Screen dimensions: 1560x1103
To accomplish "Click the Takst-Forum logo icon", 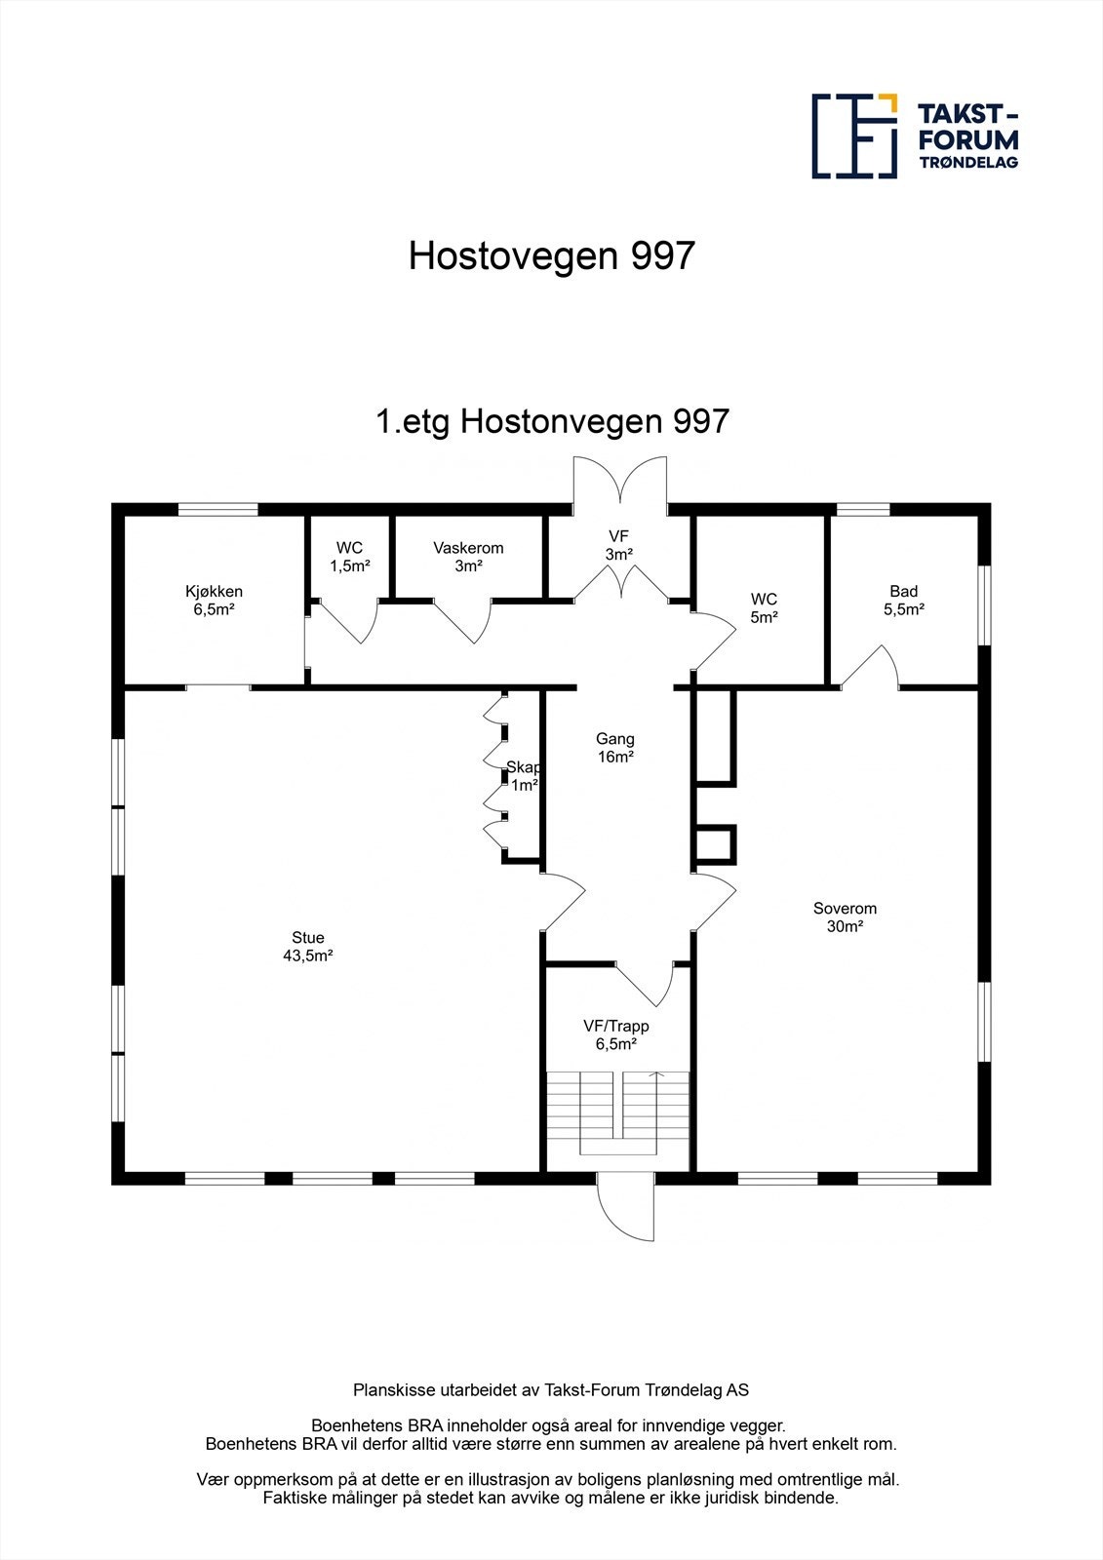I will coord(854,136).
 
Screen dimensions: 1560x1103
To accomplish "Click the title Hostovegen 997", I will coord(551,255).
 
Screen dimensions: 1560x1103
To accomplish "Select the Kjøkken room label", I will coord(215,600).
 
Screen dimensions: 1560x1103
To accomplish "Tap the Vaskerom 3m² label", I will coord(468,557).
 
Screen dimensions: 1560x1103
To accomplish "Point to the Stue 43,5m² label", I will coord(308,947).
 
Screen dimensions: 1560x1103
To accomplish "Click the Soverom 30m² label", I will coord(845,917).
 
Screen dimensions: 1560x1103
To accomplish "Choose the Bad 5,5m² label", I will coord(903,600).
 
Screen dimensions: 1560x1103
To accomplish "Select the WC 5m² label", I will coord(764,607).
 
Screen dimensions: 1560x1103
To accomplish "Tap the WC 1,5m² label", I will coord(349,557).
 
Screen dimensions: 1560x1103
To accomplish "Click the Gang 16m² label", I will coord(615,748).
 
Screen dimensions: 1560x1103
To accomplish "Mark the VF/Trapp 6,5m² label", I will coord(615,1034).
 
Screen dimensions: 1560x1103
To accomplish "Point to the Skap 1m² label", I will coord(524,776).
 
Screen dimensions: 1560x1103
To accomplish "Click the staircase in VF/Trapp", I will coord(617,1111).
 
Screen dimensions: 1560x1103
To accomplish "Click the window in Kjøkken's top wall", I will coord(217,509).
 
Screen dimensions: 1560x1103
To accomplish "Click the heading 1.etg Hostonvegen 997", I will coord(552,421).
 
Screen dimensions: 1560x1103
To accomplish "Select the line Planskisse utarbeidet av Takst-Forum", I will coord(551,1389).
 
